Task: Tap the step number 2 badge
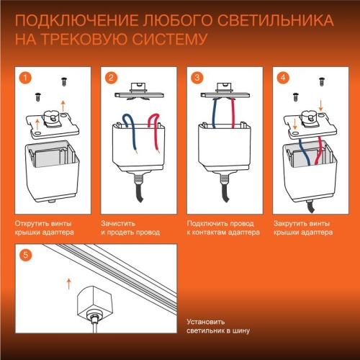[111, 76]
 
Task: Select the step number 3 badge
[196, 76]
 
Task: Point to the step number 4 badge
[283, 76]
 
